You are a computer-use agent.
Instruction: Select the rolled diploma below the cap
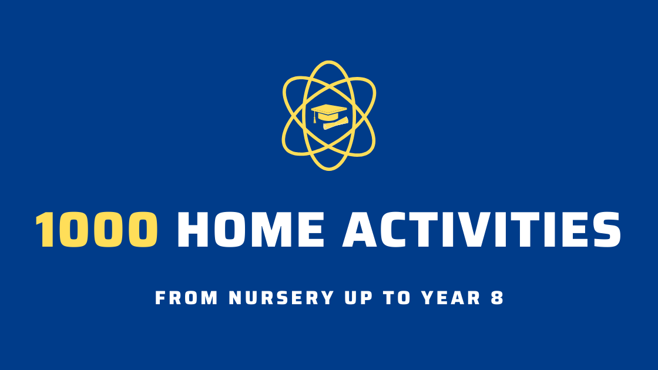(x=335, y=123)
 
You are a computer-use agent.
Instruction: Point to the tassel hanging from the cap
(x=315, y=119)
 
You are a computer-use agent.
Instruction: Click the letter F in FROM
(x=160, y=298)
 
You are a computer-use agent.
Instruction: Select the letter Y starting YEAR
(x=427, y=298)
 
